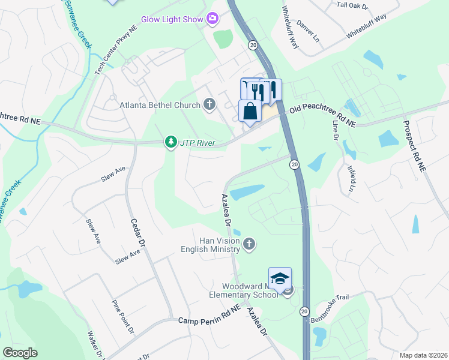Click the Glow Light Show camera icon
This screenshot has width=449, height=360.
tap(212, 19)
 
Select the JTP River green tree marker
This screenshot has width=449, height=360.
tap(171, 142)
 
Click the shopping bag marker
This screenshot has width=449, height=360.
tap(250, 111)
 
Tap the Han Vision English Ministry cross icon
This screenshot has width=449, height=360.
tap(249, 244)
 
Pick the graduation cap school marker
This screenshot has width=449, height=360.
tap(280, 278)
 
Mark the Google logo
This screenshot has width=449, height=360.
tap(20, 353)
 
